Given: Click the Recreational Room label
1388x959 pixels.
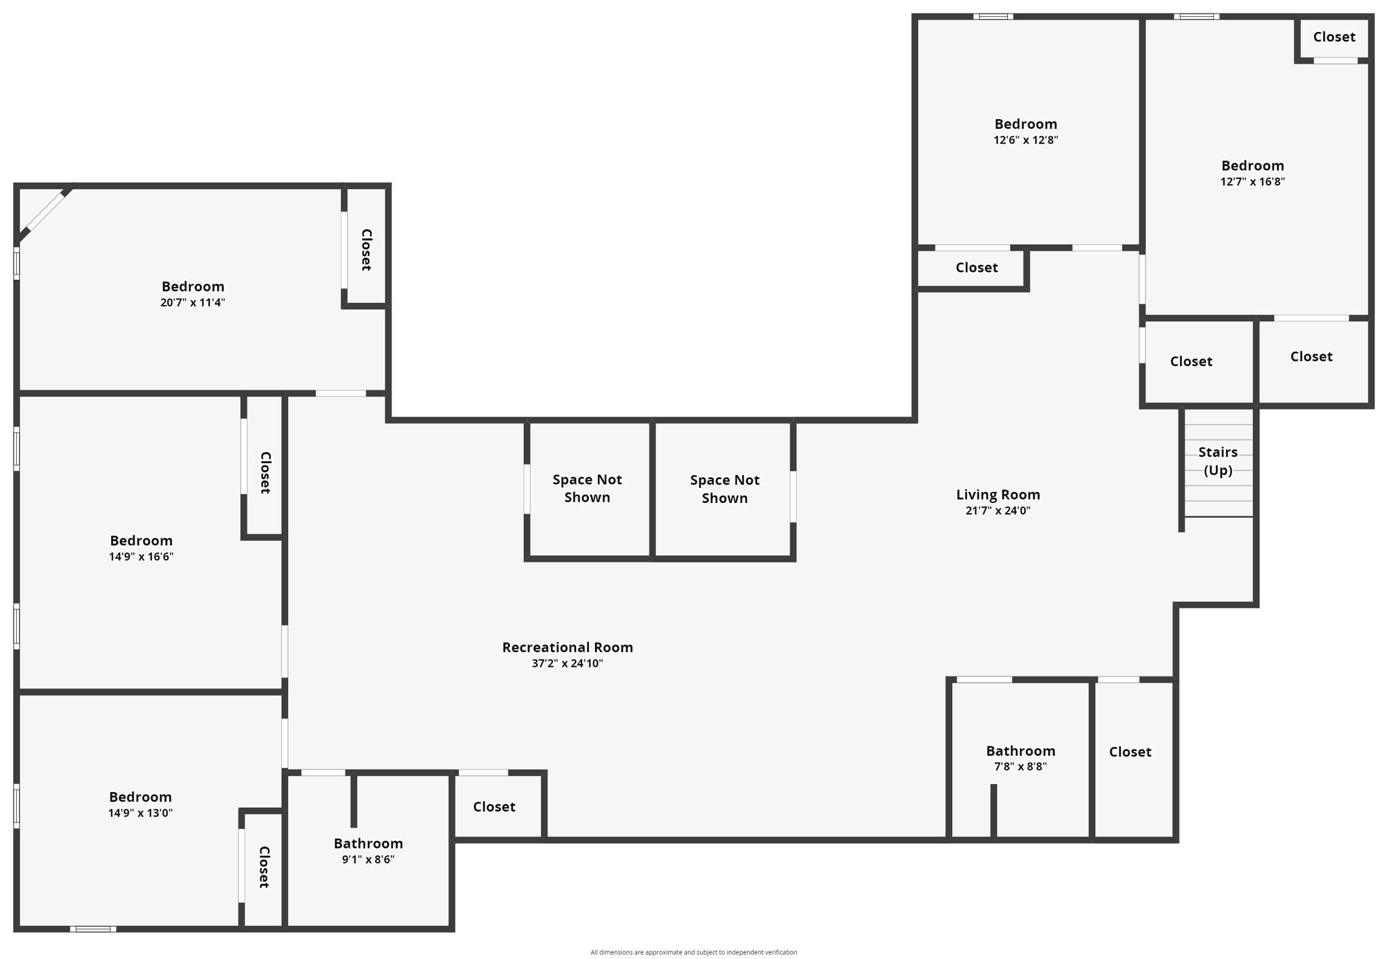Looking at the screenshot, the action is pyautogui.click(x=567, y=647).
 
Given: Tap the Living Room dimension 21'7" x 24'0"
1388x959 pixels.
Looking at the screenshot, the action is pyautogui.click(x=998, y=511).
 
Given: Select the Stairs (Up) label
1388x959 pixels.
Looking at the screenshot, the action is pyautogui.click(x=1218, y=461).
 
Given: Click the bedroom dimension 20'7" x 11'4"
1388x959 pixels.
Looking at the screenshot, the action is pyautogui.click(x=192, y=302).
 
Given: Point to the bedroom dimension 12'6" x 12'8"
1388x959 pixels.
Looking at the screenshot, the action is pyautogui.click(x=1025, y=140).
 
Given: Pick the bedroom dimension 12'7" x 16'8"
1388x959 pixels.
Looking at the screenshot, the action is pyautogui.click(x=1252, y=182).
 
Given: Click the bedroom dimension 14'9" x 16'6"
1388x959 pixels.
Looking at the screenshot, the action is pyautogui.click(x=141, y=556).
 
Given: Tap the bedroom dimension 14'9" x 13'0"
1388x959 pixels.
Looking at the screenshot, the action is pyautogui.click(x=140, y=813).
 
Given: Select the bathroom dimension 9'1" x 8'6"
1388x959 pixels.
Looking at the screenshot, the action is pyautogui.click(x=368, y=859).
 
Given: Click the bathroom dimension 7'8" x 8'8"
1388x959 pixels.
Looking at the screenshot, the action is pyautogui.click(x=1021, y=767).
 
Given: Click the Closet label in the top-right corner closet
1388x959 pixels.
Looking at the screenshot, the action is pyautogui.click(x=1334, y=37).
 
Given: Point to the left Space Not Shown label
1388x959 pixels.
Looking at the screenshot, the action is pyautogui.click(x=587, y=488).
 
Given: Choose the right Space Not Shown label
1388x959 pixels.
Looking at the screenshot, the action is pyautogui.click(x=724, y=489).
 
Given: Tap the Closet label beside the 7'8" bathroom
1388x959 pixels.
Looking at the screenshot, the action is pyautogui.click(x=1130, y=752).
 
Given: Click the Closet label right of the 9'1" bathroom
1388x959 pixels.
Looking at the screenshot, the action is pyautogui.click(x=494, y=807).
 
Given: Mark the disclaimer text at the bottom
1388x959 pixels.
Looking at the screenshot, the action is pyautogui.click(x=693, y=952).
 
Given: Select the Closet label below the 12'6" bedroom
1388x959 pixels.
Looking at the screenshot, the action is pyautogui.click(x=977, y=268).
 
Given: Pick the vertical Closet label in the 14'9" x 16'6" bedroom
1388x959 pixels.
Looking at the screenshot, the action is pyautogui.click(x=266, y=472).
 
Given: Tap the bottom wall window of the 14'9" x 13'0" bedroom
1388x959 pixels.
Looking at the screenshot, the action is pyautogui.click(x=93, y=929).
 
